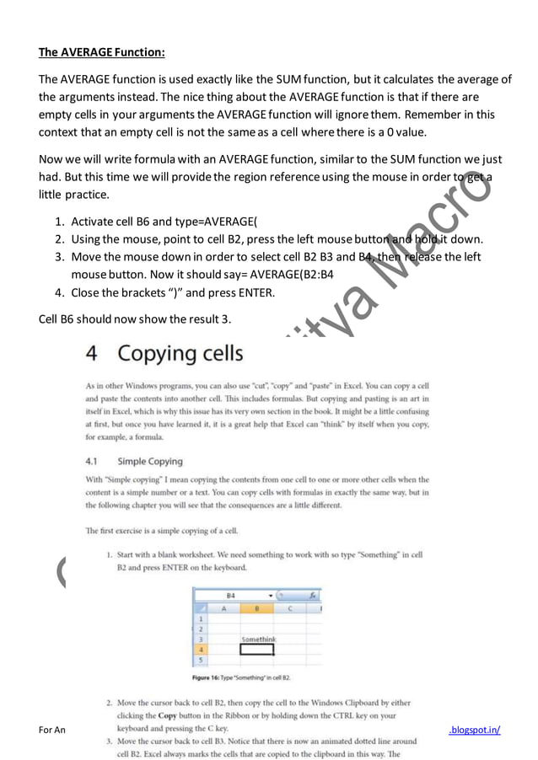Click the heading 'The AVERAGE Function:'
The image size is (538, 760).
point(101,52)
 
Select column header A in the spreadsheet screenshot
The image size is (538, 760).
point(223,607)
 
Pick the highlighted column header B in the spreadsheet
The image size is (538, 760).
point(257,607)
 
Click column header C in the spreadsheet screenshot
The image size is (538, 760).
point(290,607)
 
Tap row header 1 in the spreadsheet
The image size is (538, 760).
point(201,618)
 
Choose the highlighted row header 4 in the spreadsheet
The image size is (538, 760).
point(201,650)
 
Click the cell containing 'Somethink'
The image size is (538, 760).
point(257,639)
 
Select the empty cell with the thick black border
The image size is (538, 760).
point(257,650)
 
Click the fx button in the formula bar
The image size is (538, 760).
point(312,595)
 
